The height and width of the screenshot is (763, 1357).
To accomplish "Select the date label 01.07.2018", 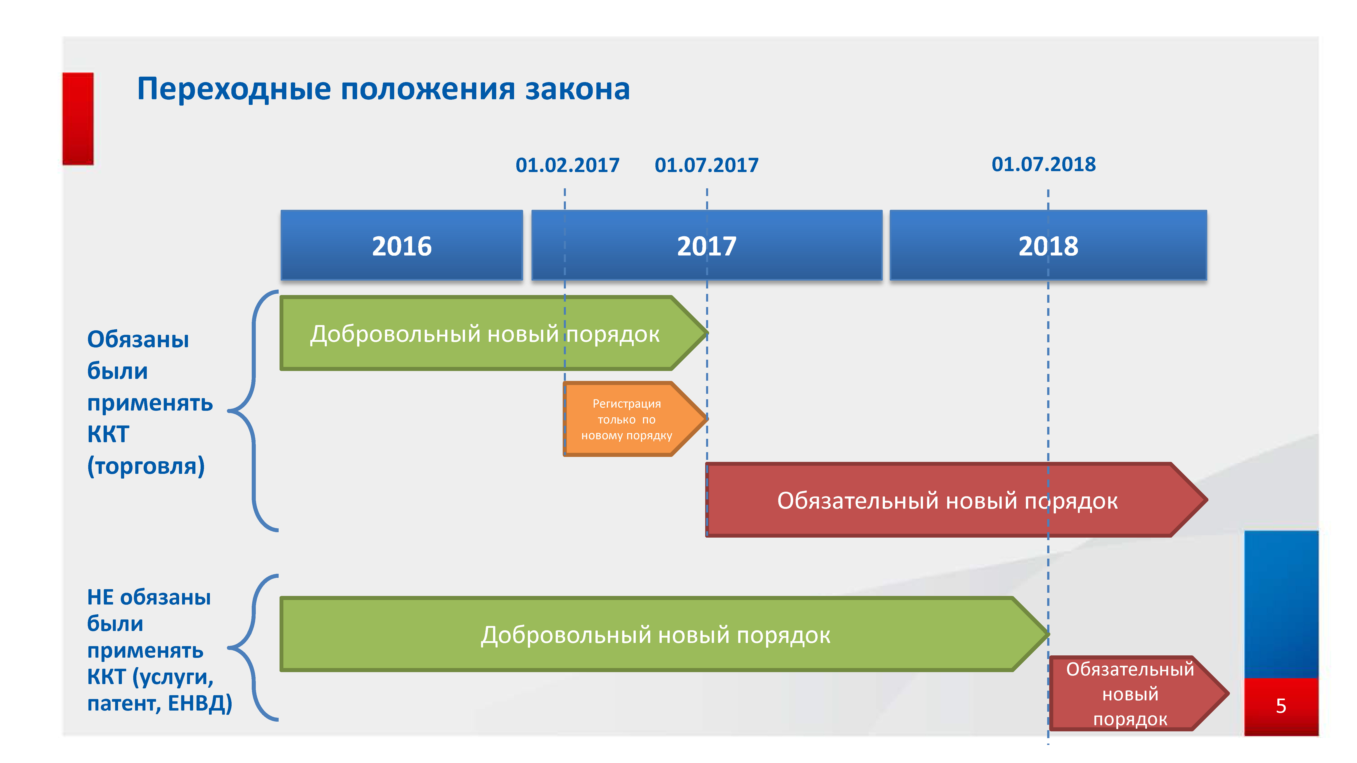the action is (x=1044, y=164).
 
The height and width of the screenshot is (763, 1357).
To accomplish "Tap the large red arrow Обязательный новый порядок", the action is (x=956, y=500).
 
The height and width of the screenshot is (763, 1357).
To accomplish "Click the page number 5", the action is (x=1281, y=706).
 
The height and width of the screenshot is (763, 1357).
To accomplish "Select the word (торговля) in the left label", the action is (x=146, y=466).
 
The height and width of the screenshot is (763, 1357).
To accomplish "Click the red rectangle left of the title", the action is (x=78, y=119).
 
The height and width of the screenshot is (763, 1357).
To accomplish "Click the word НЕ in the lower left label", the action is (x=100, y=598).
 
